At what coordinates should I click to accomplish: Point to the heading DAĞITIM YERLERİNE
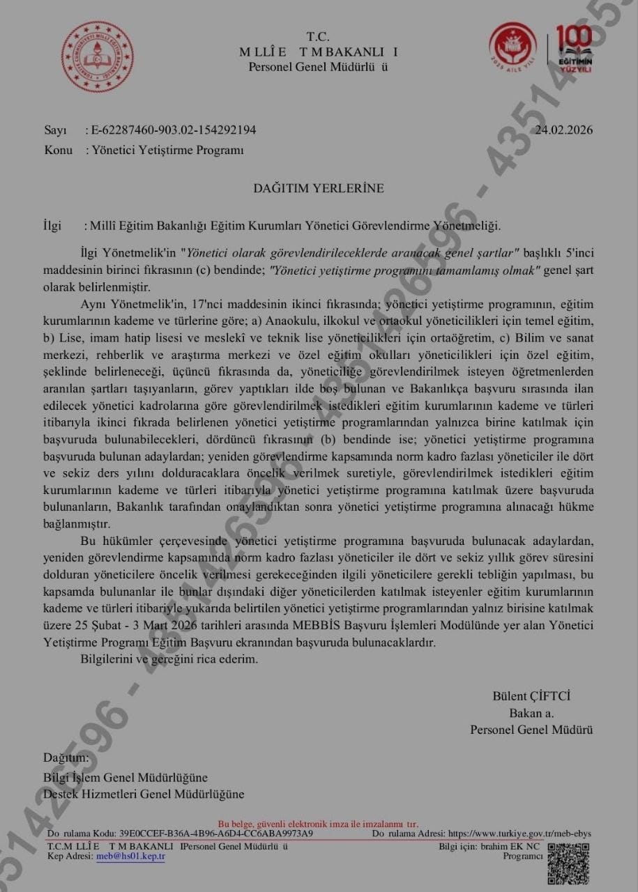click(318, 188)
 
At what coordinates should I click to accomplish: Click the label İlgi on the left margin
click(52, 226)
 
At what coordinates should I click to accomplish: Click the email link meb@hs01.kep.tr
click(130, 856)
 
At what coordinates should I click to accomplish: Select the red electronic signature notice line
click(318, 824)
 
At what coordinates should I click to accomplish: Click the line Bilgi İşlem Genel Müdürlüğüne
click(126, 778)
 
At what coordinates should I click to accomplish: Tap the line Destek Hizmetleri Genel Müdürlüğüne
click(144, 794)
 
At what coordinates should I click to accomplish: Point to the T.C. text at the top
click(318, 36)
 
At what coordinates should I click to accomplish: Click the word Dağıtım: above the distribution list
click(66, 758)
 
